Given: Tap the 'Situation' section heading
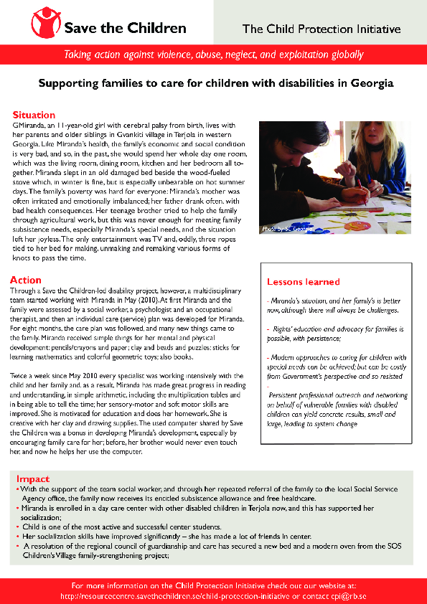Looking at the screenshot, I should pos(34,115).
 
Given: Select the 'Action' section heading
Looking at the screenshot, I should pos(26,280).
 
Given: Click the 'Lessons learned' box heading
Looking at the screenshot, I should pos(303,282).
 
